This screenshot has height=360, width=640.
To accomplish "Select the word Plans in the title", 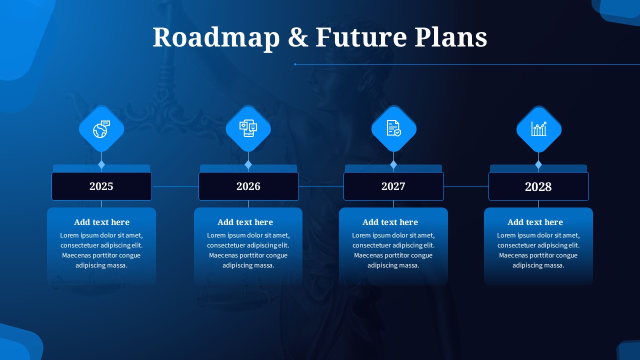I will [450, 37].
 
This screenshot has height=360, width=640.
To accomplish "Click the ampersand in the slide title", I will [298, 38].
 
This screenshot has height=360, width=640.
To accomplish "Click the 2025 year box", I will [101, 186].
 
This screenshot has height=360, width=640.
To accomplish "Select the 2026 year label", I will [248, 186].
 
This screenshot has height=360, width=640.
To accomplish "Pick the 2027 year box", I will [393, 186].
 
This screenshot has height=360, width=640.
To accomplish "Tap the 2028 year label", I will [538, 186].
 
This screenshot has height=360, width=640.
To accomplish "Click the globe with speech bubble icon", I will [101, 129].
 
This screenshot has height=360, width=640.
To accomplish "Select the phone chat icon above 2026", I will [248, 129].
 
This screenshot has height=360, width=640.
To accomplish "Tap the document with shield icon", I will [393, 129].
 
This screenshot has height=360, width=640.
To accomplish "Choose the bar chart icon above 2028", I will [538, 129].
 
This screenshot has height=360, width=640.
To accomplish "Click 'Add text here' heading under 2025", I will [101, 222].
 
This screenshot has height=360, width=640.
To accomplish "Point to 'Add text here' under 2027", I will [390, 222].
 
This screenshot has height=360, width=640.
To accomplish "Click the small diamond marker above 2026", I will [248, 164].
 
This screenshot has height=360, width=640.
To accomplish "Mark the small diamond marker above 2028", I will [538, 164].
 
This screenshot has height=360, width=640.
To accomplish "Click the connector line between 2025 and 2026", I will [175, 186].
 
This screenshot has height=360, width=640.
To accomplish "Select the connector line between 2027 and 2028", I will [466, 186].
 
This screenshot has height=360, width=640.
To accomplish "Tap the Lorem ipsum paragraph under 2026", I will [248, 250].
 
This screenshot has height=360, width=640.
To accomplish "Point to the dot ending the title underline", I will [295, 64].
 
